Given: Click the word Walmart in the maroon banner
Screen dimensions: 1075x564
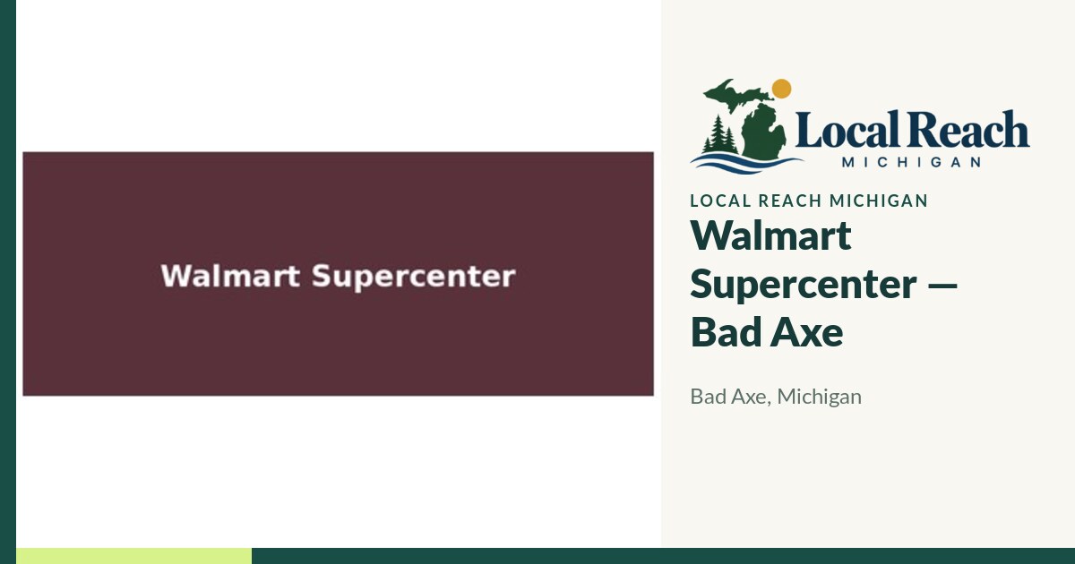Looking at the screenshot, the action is click(x=230, y=276).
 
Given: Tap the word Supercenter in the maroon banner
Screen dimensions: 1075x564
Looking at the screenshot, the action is click(x=414, y=278).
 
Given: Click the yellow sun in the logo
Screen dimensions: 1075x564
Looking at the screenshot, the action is click(x=781, y=89).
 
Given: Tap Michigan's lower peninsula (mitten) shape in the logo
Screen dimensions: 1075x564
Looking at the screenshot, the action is click(x=764, y=131).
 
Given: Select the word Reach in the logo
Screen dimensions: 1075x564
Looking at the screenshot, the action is click(x=968, y=129).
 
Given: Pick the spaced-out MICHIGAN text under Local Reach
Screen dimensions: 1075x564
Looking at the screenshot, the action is click(x=911, y=162).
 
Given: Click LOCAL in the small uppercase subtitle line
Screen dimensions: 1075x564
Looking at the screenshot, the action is click(x=720, y=201).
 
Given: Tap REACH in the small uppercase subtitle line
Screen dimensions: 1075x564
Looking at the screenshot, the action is click(x=790, y=201).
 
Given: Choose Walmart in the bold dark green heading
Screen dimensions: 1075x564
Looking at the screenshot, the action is click(x=770, y=235).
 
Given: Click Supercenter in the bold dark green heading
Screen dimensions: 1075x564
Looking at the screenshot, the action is click(x=804, y=285).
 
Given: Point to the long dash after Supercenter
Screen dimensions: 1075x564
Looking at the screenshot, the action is click(x=942, y=286).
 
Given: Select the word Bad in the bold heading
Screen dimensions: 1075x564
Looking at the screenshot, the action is click(x=725, y=331).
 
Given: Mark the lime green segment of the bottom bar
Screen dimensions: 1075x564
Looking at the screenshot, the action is click(x=133, y=556).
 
